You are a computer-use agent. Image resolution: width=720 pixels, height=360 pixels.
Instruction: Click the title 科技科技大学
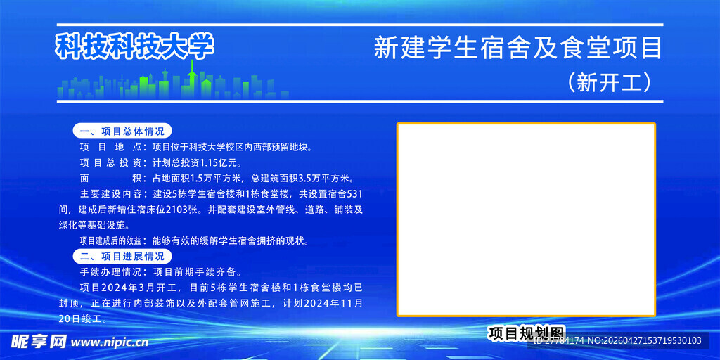[x=134, y=46]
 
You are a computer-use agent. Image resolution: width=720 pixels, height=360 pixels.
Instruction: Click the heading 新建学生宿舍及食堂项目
[x=518, y=49]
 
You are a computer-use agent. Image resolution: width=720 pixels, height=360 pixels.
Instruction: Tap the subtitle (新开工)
[x=609, y=83]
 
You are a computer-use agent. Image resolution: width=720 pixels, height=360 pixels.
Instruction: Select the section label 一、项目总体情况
[x=122, y=131]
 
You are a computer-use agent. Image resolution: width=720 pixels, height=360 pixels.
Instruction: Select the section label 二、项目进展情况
[x=122, y=256]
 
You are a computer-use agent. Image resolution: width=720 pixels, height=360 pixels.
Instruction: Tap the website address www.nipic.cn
[x=110, y=342]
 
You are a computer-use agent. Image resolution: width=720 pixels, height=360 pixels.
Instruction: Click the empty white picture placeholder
[x=526, y=219]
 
